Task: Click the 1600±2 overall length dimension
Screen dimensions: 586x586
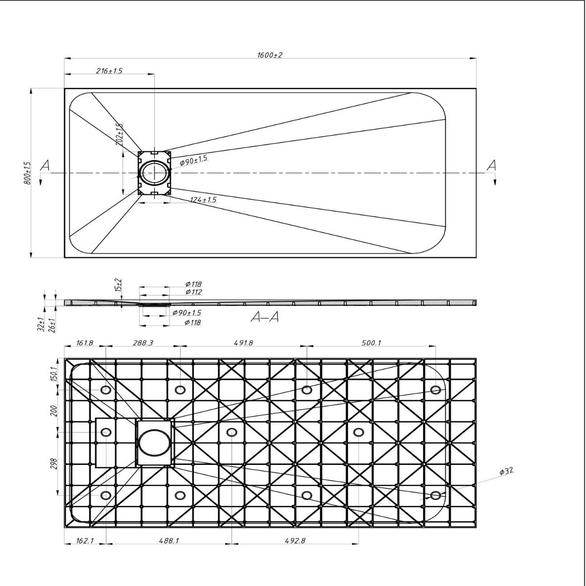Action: pyautogui.click(x=270, y=55)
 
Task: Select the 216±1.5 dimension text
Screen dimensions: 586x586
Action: pyautogui.click(x=109, y=71)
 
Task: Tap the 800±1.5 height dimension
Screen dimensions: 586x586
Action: pyautogui.click(x=27, y=173)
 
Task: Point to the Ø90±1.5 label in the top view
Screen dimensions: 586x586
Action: pyautogui.click(x=193, y=160)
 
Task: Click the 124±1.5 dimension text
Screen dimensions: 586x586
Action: pyautogui.click(x=204, y=200)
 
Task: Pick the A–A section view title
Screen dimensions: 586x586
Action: pyautogui.click(x=265, y=317)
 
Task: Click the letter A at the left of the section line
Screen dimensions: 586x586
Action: pyautogui.click(x=45, y=166)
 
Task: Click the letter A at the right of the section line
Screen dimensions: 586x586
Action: pyautogui.click(x=491, y=166)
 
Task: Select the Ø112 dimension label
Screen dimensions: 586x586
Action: pyautogui.click(x=193, y=292)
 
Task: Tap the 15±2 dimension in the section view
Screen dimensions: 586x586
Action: pyautogui.click(x=119, y=285)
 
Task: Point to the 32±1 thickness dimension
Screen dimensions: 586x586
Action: pyautogui.click(x=41, y=324)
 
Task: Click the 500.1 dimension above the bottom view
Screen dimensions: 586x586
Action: pyautogui.click(x=371, y=343)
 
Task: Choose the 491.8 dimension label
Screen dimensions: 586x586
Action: pyautogui.click(x=243, y=343)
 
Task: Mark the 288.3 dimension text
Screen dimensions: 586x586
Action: pyautogui.click(x=143, y=343)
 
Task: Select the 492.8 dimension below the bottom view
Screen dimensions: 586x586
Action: pyautogui.click(x=295, y=541)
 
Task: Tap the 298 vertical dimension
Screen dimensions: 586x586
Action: pyautogui.click(x=54, y=464)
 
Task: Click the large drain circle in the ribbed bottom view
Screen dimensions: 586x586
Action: pyautogui.click(x=154, y=442)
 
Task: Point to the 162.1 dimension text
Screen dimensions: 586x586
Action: pyautogui.click(x=84, y=541)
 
